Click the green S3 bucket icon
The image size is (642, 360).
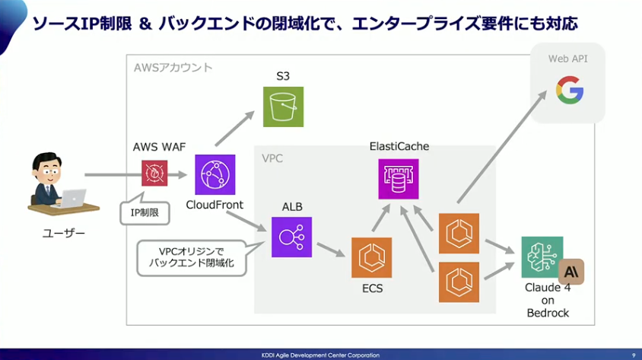click(283, 106)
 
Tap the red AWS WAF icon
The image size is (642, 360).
click(154, 174)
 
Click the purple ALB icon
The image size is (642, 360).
click(291, 237)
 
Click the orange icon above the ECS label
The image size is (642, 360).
click(371, 257)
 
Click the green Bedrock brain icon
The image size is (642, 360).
click(542, 256)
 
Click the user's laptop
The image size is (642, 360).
click(73, 198)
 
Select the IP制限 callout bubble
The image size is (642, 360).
click(145, 212)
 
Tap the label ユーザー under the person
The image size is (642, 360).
click(63, 234)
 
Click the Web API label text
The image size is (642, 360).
click(567, 59)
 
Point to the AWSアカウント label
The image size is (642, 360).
click(173, 68)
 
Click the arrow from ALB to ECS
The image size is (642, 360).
click(332, 250)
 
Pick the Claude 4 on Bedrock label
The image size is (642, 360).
click(548, 300)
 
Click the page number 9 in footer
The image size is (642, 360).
click(633, 355)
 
